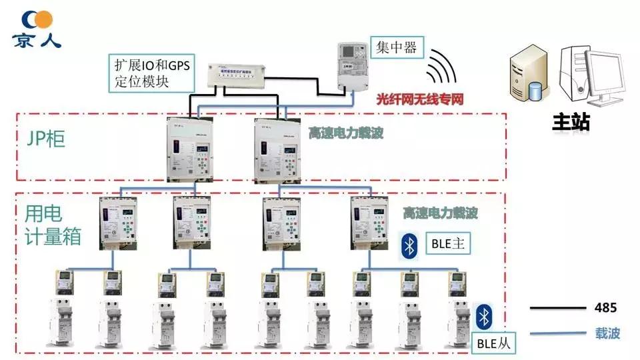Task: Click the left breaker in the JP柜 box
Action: point(189,151)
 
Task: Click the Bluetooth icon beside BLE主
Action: point(409,245)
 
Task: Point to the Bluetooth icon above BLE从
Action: point(485,317)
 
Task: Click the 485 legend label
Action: point(605,308)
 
